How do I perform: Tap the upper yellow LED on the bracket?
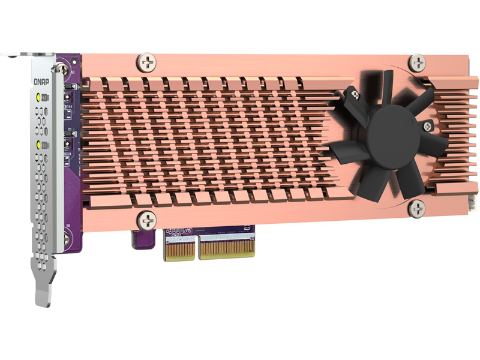pyautogui.click(x=39, y=97)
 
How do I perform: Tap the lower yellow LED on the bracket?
pyautogui.click(x=39, y=145)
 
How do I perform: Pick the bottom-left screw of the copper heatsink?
pyautogui.click(x=145, y=219)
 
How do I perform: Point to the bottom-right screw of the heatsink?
pyautogui.click(x=416, y=208)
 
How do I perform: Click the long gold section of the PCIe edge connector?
pyautogui.click(x=227, y=247)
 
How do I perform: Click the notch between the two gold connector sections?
pyautogui.click(x=196, y=250)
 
